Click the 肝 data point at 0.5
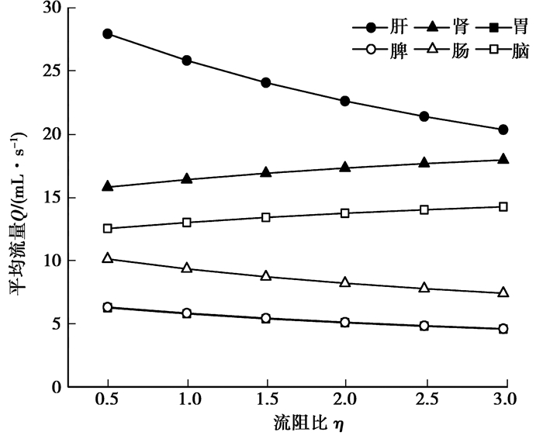pos(107,34)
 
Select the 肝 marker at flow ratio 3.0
pos(503,130)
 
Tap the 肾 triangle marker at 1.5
pos(266,172)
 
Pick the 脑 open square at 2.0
pos(345,213)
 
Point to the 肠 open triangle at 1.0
pos(186,268)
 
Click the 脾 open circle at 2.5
pos(424,326)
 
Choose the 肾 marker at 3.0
pos(503,159)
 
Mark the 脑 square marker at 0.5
pos(107,228)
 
